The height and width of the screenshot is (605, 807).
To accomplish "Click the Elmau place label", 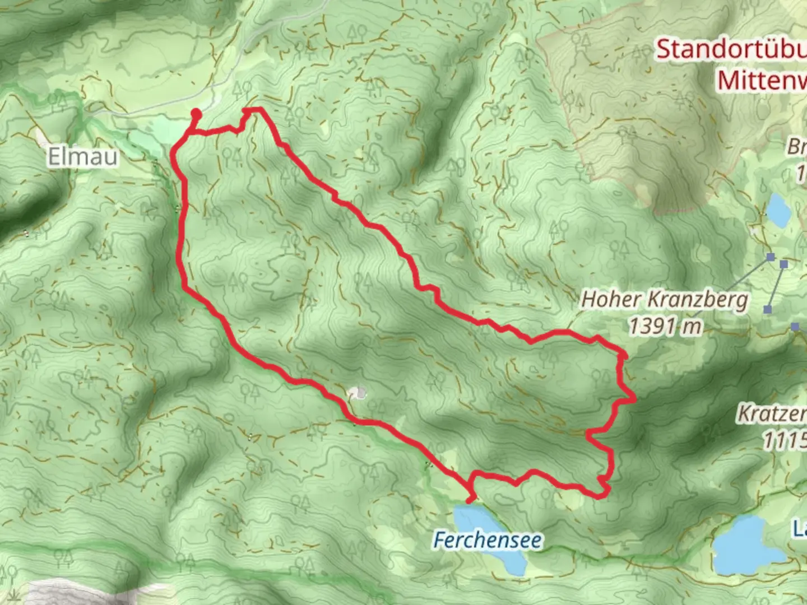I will [83, 156].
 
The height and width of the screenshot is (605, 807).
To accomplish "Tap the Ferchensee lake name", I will [488, 541].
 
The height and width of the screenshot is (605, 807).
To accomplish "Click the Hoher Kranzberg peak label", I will [665, 299].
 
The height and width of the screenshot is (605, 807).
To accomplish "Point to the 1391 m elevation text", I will [665, 326].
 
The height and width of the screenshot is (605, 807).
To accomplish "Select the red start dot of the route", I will [196, 114].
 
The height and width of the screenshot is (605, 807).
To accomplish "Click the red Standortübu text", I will [731, 49].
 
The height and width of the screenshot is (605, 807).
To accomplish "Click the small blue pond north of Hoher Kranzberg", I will [778, 208].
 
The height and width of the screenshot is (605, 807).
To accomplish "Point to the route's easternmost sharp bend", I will [634, 400].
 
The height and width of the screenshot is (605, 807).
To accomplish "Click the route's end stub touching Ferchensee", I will [471, 499].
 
